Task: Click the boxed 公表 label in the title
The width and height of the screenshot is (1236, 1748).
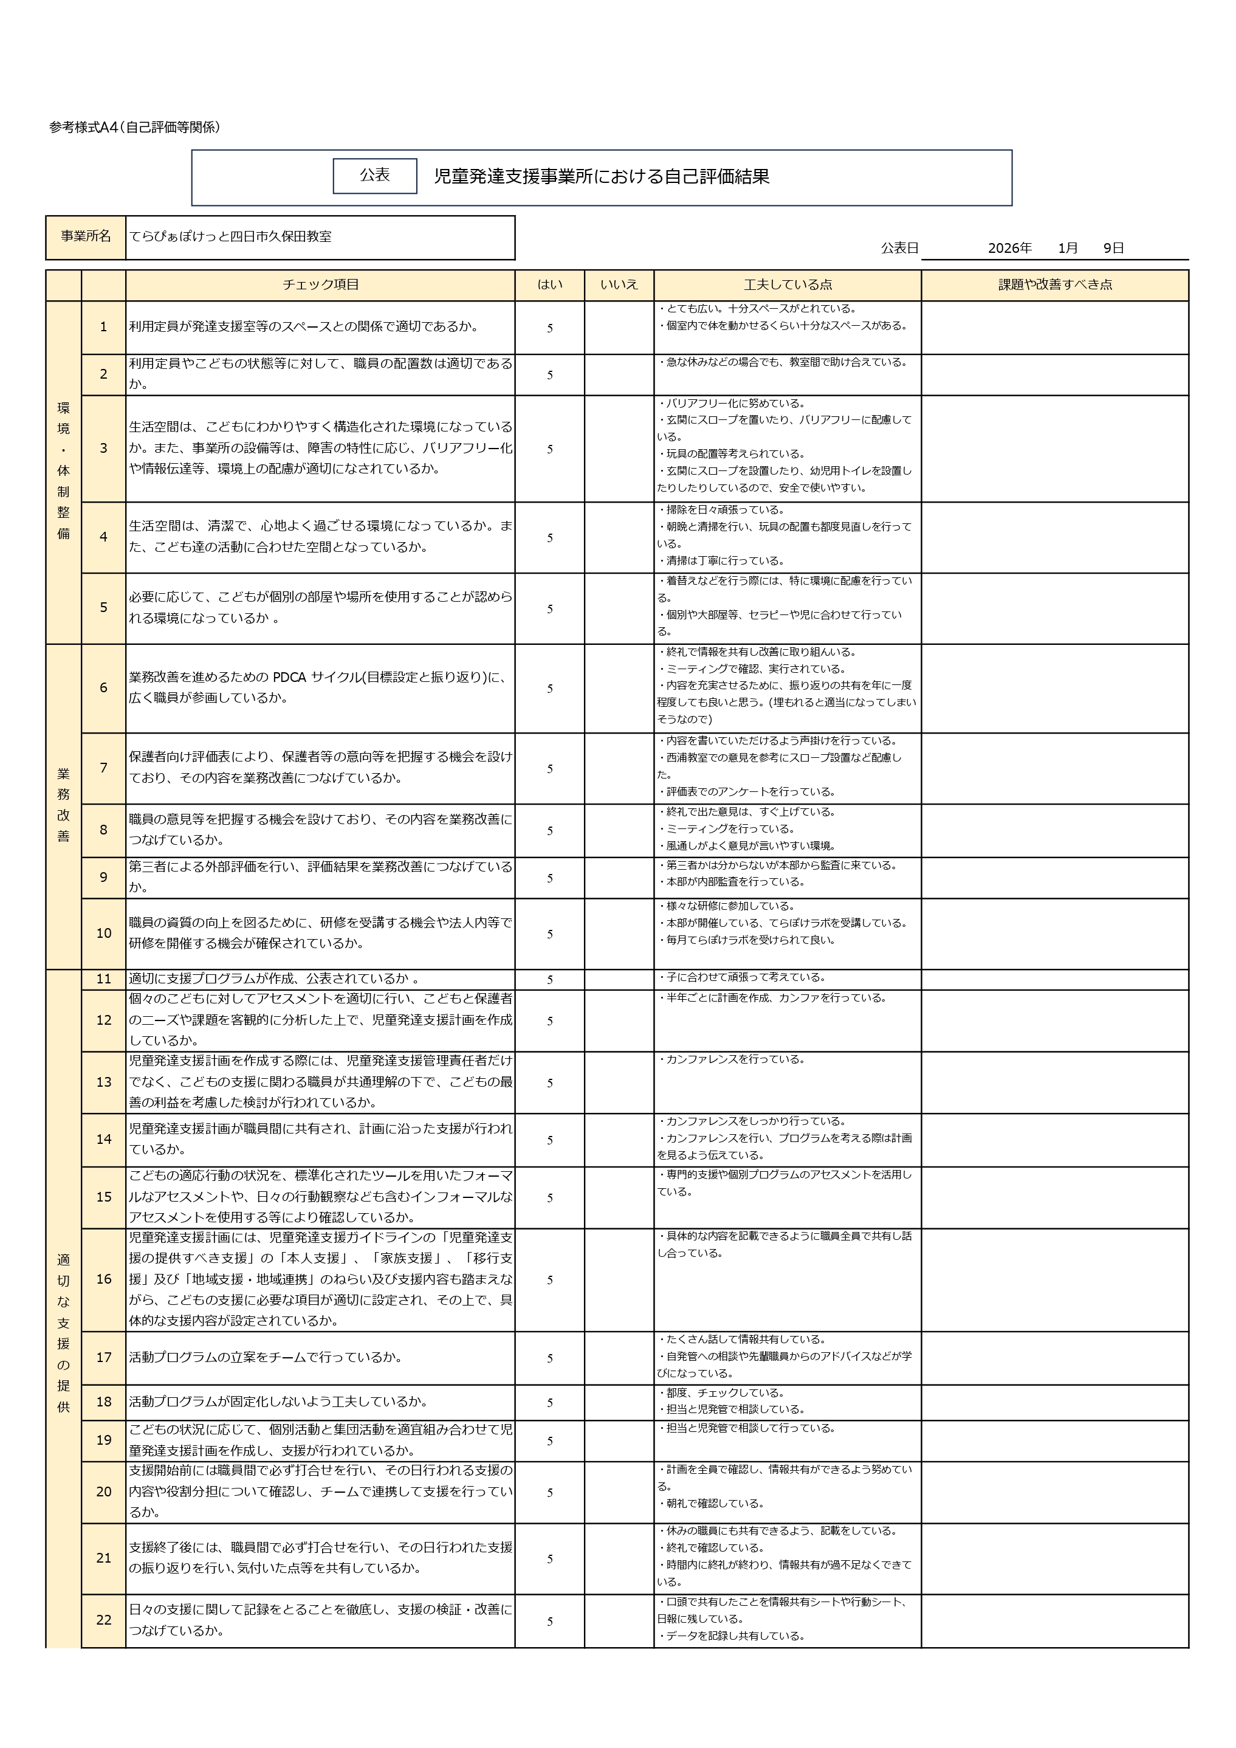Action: [x=374, y=176]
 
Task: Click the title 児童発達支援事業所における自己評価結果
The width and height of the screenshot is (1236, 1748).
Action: [x=601, y=177]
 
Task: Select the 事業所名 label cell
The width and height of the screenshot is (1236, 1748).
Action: [x=85, y=237]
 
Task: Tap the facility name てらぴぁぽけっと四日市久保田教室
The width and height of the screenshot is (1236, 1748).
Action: [x=230, y=237]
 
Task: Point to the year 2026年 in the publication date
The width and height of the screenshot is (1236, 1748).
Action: [x=1009, y=248]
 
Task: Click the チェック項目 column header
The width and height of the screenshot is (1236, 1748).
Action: [x=320, y=284]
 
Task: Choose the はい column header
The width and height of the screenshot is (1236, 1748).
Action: [x=549, y=284]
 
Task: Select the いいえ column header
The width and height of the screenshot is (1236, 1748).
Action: [x=619, y=284]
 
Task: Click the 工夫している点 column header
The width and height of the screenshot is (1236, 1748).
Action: [x=787, y=284]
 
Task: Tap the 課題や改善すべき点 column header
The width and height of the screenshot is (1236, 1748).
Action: [x=1055, y=284]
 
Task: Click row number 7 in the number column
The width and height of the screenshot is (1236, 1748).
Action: [x=103, y=768]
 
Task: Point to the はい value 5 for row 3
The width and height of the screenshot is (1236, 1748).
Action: [x=549, y=449]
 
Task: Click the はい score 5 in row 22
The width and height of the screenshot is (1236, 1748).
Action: [x=549, y=1622]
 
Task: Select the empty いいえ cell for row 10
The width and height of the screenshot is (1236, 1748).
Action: [x=619, y=934]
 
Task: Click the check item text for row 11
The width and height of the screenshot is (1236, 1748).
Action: [x=273, y=979]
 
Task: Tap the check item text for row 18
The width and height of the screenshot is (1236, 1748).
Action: [x=278, y=1402]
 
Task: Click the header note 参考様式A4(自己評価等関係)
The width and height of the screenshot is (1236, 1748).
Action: [x=135, y=128]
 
